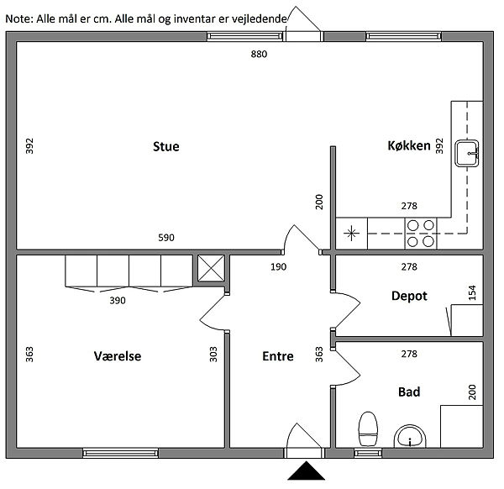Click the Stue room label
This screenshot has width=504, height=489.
(x=165, y=147)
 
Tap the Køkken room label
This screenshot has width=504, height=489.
(x=409, y=146)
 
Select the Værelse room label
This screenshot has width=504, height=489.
(x=118, y=356)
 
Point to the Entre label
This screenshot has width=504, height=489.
(x=278, y=356)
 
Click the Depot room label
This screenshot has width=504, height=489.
(x=409, y=296)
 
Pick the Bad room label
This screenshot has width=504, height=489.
(x=409, y=392)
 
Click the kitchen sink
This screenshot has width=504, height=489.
(x=468, y=153)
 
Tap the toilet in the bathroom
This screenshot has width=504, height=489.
(x=367, y=429)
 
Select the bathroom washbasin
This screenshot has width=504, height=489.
(x=411, y=437)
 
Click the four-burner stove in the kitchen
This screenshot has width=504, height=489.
(x=421, y=233)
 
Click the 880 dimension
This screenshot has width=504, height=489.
(x=260, y=54)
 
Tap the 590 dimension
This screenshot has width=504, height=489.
(x=166, y=238)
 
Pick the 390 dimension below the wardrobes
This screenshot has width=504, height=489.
(x=118, y=300)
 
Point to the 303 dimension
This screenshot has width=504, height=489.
(x=213, y=355)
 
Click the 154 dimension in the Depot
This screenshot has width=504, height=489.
(x=472, y=292)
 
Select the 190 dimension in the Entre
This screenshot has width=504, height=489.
(x=278, y=267)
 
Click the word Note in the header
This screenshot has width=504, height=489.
(x=18, y=18)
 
